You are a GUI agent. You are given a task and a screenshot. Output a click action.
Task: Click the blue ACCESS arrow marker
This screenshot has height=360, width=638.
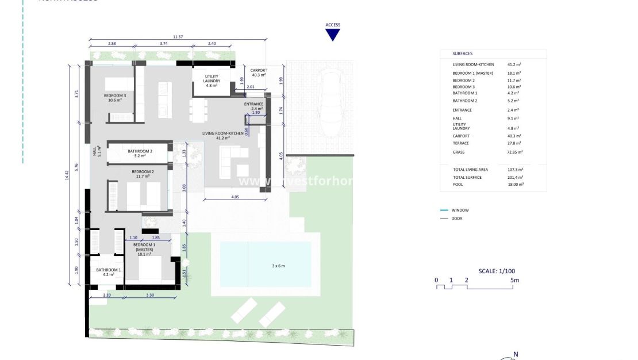[x=333, y=35]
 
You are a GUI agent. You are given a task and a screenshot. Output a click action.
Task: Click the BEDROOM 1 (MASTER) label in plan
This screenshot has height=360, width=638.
[x=144, y=249]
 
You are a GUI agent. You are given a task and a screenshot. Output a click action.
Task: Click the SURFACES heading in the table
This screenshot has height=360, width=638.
[x=462, y=53]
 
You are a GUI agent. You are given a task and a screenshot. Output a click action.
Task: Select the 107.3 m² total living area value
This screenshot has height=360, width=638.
[x=515, y=170]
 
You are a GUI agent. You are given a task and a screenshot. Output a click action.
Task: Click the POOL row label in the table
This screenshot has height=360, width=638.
[x=458, y=185]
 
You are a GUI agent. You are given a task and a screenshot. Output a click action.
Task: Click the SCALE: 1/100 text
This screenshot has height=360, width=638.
[x=498, y=271]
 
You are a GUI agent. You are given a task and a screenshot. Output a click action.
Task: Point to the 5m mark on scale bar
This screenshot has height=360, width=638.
[x=515, y=280]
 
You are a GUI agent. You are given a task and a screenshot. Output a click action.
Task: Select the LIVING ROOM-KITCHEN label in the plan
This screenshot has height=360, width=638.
[x=216, y=136]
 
